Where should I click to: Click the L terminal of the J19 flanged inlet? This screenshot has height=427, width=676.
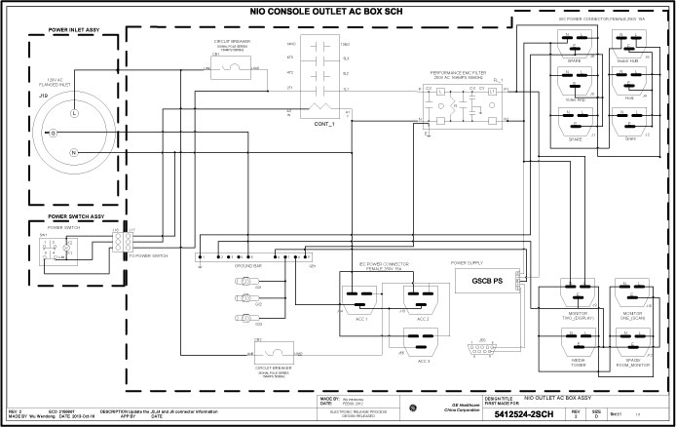pos(72,114)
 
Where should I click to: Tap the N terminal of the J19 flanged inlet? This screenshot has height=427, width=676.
pos(72,154)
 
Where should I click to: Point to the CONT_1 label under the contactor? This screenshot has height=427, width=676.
pos(324,125)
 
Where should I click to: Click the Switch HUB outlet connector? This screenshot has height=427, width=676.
pos(628,44)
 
